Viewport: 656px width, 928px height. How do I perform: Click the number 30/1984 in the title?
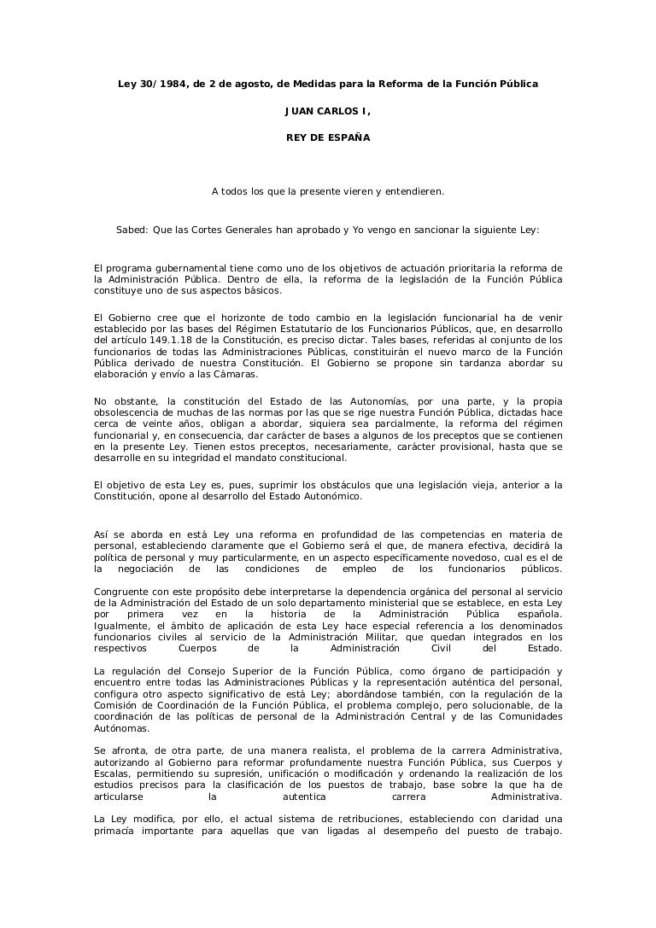click(163, 85)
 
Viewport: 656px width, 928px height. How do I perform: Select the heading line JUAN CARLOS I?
click(328, 112)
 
